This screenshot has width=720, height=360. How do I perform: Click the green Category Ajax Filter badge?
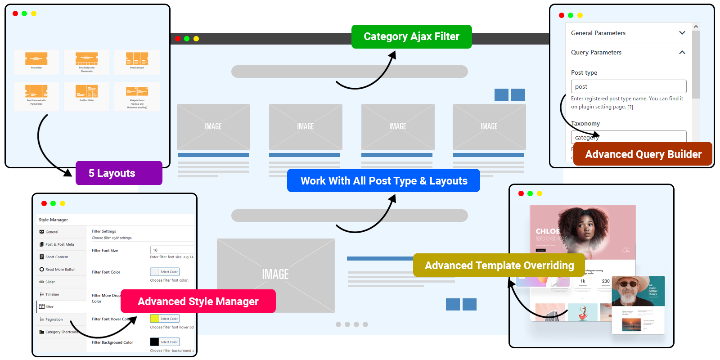pyautogui.click(x=411, y=36)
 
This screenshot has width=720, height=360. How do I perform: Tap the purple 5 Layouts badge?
pyautogui.click(x=119, y=173)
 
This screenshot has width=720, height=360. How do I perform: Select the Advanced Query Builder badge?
pyautogui.click(x=643, y=154)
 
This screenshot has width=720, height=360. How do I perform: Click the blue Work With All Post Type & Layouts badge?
pyautogui.click(x=383, y=181)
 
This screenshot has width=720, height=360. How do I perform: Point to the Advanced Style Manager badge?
pyautogui.click(x=198, y=301)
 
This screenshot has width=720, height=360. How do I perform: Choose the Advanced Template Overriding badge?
pyautogui.click(x=499, y=265)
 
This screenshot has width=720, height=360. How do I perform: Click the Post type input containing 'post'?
pyautogui.click(x=628, y=86)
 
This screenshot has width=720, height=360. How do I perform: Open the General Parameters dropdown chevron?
pyautogui.click(x=682, y=33)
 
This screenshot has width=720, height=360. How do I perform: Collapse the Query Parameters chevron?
pyautogui.click(x=682, y=52)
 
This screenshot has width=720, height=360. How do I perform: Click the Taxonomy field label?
pyautogui.click(x=585, y=123)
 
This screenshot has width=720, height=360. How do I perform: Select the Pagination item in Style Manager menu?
pyautogui.click(x=54, y=319)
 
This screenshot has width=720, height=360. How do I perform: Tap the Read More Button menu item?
pyautogui.click(x=60, y=270)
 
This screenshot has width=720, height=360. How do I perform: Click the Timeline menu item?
pyautogui.click(x=52, y=294)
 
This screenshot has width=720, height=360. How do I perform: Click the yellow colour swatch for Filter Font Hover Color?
pyautogui.click(x=154, y=319)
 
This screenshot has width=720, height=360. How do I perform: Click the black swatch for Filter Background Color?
pyautogui.click(x=154, y=342)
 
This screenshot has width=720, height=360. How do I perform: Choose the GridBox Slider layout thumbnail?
pyautogui.click(x=87, y=94)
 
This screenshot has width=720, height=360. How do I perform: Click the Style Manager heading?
pyautogui.click(x=53, y=220)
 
